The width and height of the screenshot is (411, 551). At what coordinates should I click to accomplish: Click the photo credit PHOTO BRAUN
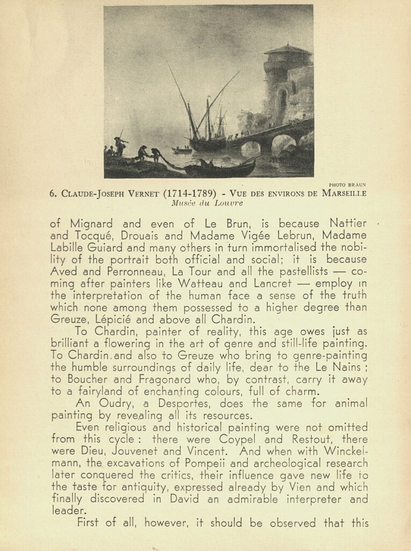tap(347, 185)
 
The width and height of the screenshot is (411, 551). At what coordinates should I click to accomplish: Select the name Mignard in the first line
tap(86, 223)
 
